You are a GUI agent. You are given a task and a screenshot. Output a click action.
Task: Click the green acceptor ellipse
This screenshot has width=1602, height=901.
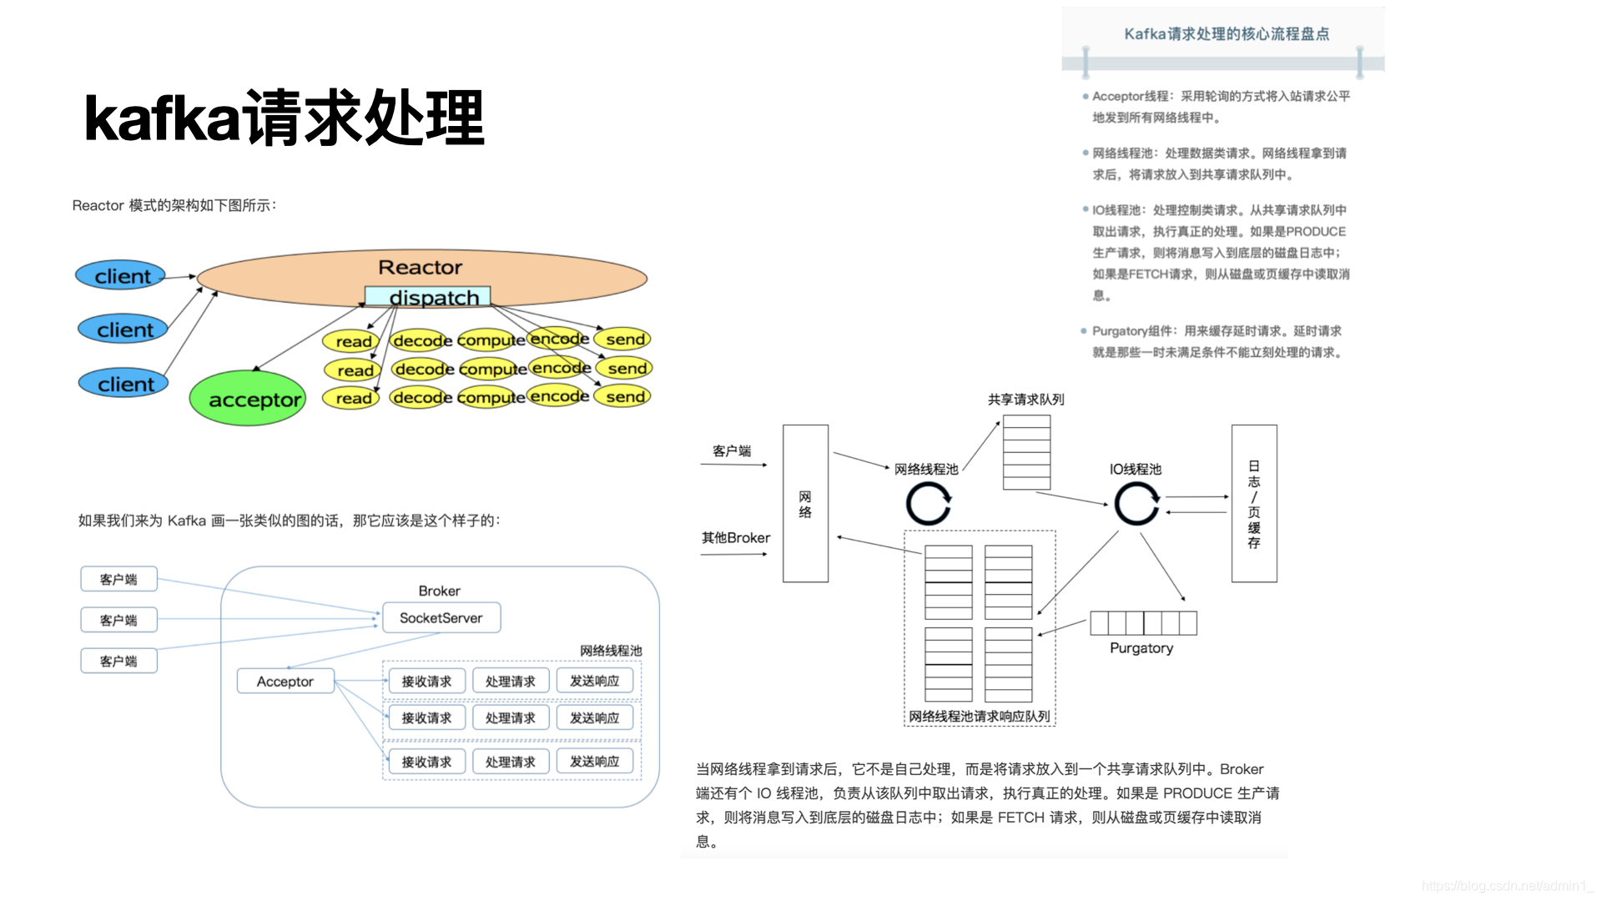(x=247, y=399)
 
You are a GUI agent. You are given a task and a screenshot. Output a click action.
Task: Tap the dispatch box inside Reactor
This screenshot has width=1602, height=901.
(x=427, y=297)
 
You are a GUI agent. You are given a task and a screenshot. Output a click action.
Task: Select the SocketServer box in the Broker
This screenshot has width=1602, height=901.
(x=441, y=618)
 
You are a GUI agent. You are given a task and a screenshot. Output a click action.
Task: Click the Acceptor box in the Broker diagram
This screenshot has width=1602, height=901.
(x=285, y=682)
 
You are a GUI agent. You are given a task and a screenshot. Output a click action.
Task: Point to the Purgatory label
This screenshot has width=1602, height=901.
(x=1141, y=648)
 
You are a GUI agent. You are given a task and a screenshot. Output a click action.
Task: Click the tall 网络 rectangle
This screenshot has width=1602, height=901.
(x=805, y=503)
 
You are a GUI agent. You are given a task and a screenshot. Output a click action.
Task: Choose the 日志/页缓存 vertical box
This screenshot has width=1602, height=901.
(x=1254, y=503)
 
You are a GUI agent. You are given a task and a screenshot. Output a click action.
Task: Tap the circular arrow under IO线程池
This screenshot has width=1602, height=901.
(x=1136, y=503)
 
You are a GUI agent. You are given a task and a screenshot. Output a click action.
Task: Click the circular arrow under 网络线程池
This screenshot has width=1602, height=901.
(x=929, y=504)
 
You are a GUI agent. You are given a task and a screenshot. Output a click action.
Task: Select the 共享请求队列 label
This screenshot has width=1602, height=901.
(x=1025, y=400)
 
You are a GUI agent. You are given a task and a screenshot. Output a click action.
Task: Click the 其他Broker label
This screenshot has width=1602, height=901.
(x=736, y=538)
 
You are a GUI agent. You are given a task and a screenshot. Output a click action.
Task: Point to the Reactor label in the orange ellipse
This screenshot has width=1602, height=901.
(x=420, y=267)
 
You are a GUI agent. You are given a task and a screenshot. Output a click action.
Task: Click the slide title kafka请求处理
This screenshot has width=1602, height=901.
(x=285, y=118)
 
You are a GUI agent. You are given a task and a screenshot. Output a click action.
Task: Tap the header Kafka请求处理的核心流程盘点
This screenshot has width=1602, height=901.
(x=1227, y=34)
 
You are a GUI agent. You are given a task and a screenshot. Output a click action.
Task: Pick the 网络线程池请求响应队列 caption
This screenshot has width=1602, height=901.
(x=980, y=717)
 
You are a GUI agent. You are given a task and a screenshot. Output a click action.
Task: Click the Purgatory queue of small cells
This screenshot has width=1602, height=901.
(x=1143, y=623)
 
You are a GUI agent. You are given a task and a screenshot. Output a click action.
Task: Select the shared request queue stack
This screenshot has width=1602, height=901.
(x=1026, y=452)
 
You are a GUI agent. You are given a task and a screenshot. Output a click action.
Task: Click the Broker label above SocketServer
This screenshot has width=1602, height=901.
(x=440, y=591)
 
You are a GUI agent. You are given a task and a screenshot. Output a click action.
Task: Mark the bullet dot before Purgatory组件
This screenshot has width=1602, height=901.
(x=1084, y=331)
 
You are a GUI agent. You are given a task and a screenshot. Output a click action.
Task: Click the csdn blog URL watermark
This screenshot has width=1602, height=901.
(x=1508, y=886)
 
